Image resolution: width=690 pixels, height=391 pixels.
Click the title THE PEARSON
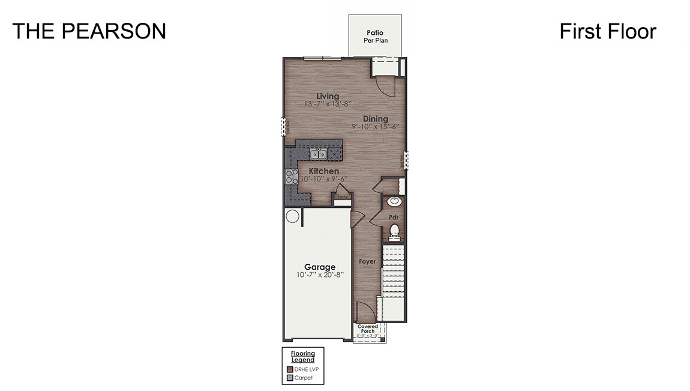pos(89,31)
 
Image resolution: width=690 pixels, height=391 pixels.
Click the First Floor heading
pos(607,31)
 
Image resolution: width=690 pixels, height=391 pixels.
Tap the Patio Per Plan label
pos(375,36)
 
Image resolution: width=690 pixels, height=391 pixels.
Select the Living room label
pos(328,96)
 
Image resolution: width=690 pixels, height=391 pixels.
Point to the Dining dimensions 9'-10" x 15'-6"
pos(376,127)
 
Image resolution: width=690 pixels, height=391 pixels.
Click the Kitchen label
pos(324,171)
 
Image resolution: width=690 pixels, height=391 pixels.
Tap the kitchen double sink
pos(319,154)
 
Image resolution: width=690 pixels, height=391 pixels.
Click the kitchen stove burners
pos(291,177)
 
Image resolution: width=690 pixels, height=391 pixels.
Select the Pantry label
pos(343,196)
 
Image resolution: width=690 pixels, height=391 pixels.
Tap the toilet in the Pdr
pos(394,230)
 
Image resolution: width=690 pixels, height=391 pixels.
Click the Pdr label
pos(394,217)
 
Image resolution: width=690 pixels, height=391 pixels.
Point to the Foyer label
pos(367,261)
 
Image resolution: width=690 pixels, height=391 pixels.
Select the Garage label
pos(319,267)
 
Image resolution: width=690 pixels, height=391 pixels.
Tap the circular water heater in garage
pos(292,216)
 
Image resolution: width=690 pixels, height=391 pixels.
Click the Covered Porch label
pos(368,329)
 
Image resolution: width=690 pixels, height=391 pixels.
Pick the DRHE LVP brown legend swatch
pos(290,369)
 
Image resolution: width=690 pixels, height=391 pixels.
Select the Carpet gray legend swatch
pos(290,378)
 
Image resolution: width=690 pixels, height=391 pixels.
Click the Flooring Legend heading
pos(303,357)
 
